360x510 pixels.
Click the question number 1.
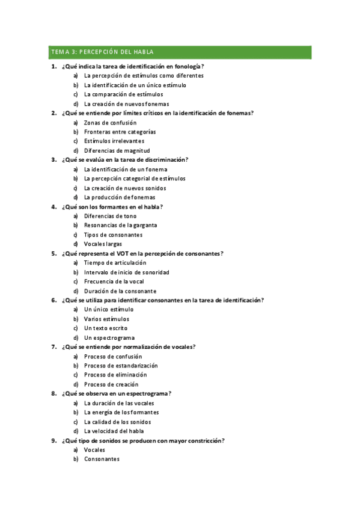[53, 66]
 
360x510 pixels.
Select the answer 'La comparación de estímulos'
[123, 94]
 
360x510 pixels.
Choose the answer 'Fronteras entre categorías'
[120, 132]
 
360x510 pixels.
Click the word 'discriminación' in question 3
[163, 160]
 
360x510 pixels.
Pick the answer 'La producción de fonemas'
[120, 197]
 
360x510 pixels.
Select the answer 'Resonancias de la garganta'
[121, 226]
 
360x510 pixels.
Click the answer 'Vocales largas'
[103, 244]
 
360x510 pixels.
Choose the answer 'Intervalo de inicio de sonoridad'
[127, 272]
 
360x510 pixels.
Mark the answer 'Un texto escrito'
[106, 328]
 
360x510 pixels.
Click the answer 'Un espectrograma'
[109, 338]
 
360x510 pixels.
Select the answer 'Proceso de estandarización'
[121, 366]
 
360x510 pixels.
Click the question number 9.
[53, 441]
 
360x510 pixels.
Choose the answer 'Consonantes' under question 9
[102, 459]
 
